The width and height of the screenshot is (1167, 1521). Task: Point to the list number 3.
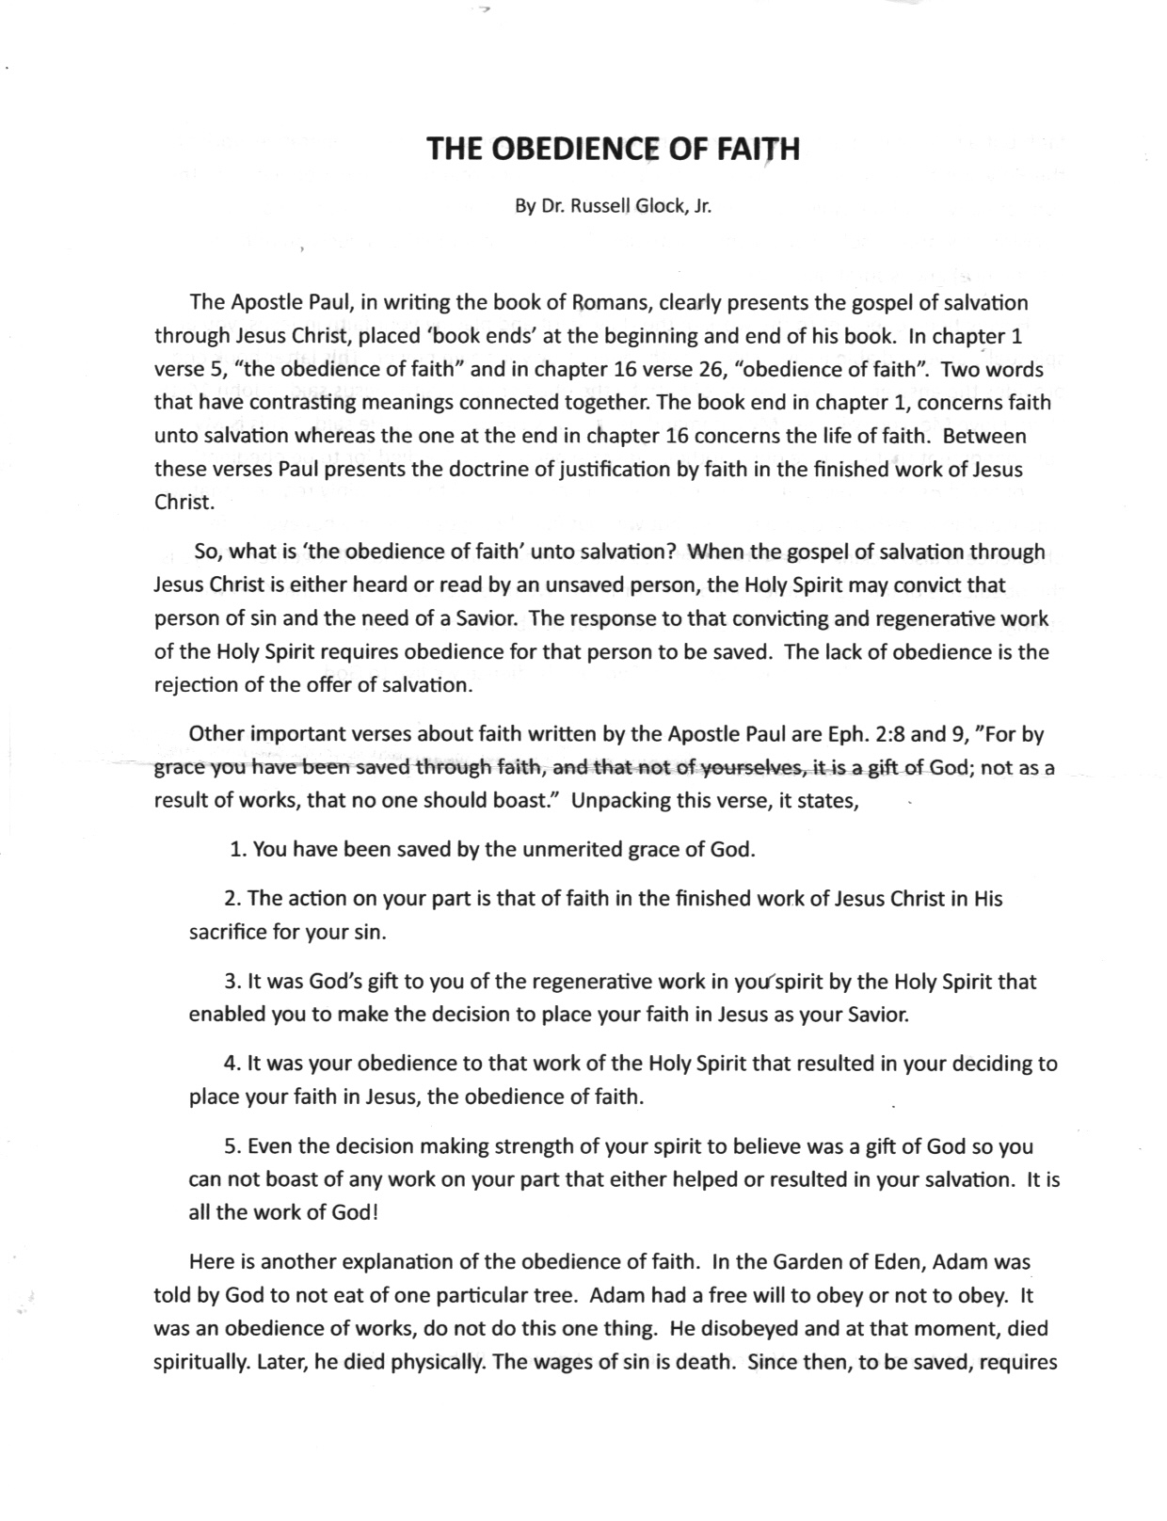(232, 982)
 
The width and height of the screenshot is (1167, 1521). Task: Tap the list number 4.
(232, 1064)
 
